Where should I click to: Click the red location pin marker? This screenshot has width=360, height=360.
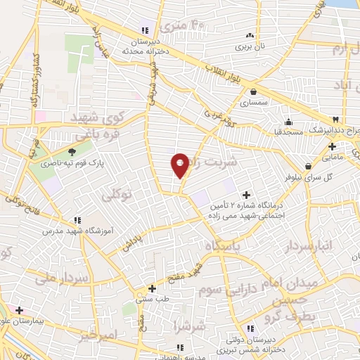[180, 165]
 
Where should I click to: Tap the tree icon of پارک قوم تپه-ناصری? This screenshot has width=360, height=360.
[72, 151]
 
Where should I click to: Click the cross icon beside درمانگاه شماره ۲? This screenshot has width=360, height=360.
[246, 194]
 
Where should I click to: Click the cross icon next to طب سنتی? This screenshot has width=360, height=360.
[152, 288]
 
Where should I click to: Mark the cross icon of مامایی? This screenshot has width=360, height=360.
[333, 147]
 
